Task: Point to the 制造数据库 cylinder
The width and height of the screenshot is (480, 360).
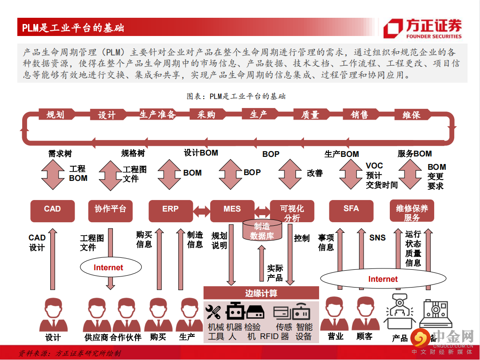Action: tap(262, 231)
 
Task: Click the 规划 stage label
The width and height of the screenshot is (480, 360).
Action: tap(55, 115)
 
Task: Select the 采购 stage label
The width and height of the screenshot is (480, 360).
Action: tap(206, 115)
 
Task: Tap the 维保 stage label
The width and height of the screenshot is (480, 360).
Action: tap(411, 115)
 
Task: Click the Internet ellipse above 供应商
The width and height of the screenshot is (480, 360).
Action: tap(108, 268)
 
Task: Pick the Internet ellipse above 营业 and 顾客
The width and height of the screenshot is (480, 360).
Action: tap(383, 279)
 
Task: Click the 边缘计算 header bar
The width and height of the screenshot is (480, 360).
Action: tap(261, 293)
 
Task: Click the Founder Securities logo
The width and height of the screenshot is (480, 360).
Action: tap(422, 29)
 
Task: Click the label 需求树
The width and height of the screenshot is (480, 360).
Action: tap(60, 154)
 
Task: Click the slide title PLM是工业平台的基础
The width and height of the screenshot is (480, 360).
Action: tap(73, 28)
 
